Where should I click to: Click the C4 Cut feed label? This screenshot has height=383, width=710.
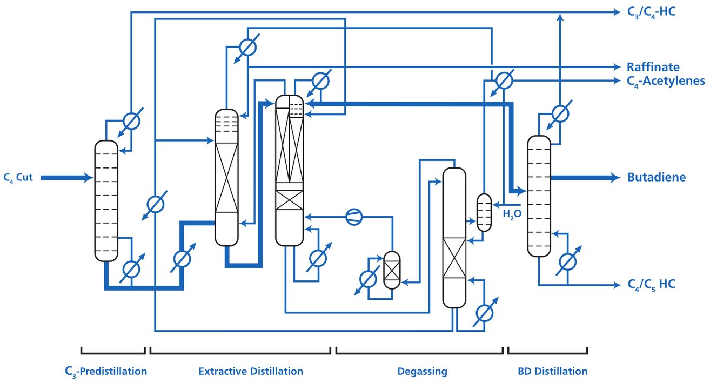pyautogui.click(x=18, y=177)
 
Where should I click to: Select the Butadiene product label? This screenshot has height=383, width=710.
pyautogui.click(x=657, y=177)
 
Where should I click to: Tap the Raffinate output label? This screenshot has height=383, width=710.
pyautogui.click(x=653, y=67)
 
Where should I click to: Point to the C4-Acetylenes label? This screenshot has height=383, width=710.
pyautogui.click(x=666, y=81)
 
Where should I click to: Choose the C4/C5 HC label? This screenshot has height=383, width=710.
pyautogui.click(x=651, y=284)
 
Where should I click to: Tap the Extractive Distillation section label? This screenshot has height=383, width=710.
pyautogui.click(x=251, y=371)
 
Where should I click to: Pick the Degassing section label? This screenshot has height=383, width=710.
pyautogui.click(x=422, y=371)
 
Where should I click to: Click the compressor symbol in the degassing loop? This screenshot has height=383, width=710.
pyautogui.click(x=354, y=217)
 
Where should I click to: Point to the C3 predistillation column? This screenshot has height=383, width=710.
pyautogui.click(x=106, y=200)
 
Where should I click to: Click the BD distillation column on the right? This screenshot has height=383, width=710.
pyautogui.click(x=538, y=195)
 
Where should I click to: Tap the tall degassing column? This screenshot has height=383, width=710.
pyautogui.click(x=454, y=238)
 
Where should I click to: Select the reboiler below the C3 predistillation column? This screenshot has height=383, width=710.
pyautogui.click(x=130, y=268)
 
